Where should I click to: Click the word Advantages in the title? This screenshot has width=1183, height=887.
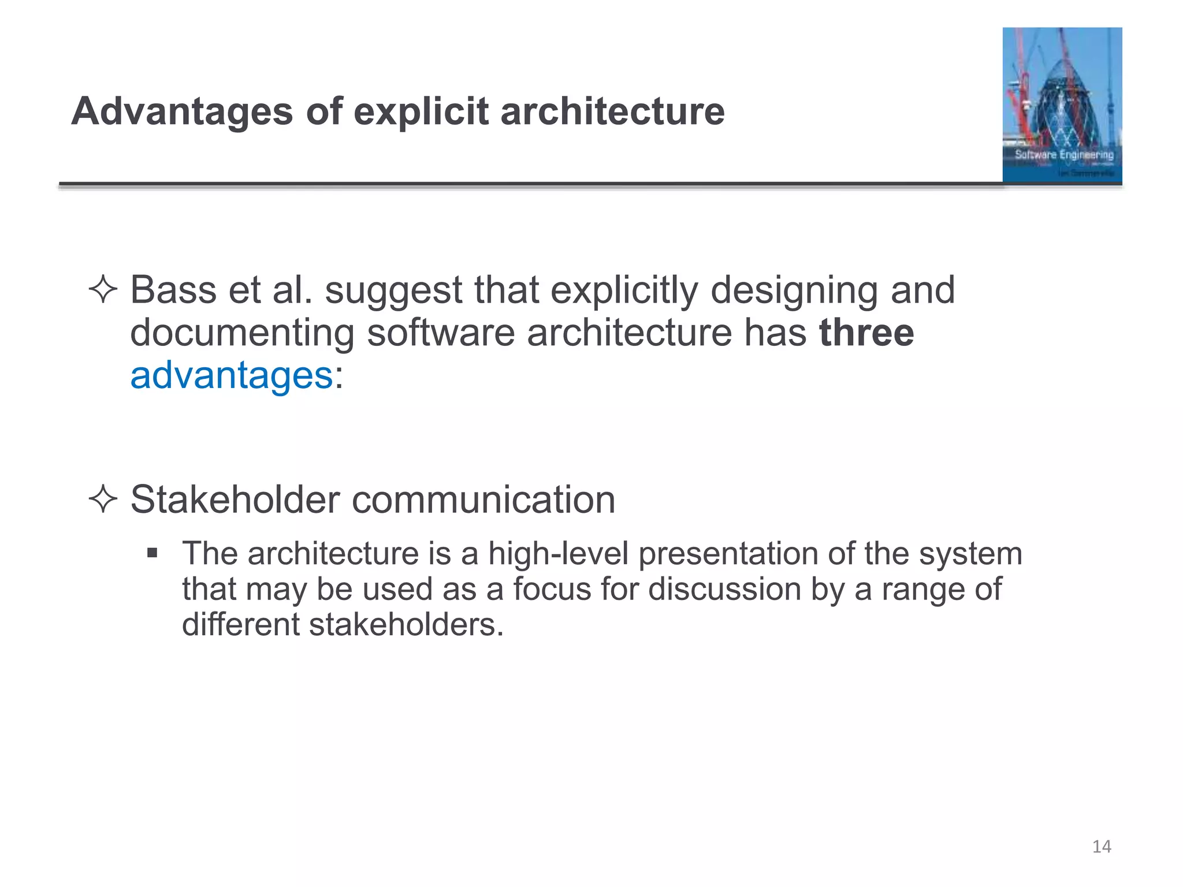coord(182,111)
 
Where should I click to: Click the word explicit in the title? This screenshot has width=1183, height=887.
coord(421,111)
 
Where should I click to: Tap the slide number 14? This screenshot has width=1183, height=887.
coord(1102,847)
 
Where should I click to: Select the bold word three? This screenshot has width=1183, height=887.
coord(866,333)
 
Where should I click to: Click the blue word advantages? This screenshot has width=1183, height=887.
coord(232,376)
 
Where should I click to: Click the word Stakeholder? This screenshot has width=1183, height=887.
coord(235,500)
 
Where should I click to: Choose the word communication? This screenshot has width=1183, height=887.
coord(483,500)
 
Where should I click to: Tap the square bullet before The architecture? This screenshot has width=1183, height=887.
coord(152,554)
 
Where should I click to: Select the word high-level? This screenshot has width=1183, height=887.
coord(558,554)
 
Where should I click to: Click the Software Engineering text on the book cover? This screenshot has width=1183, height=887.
coord(1064,155)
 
